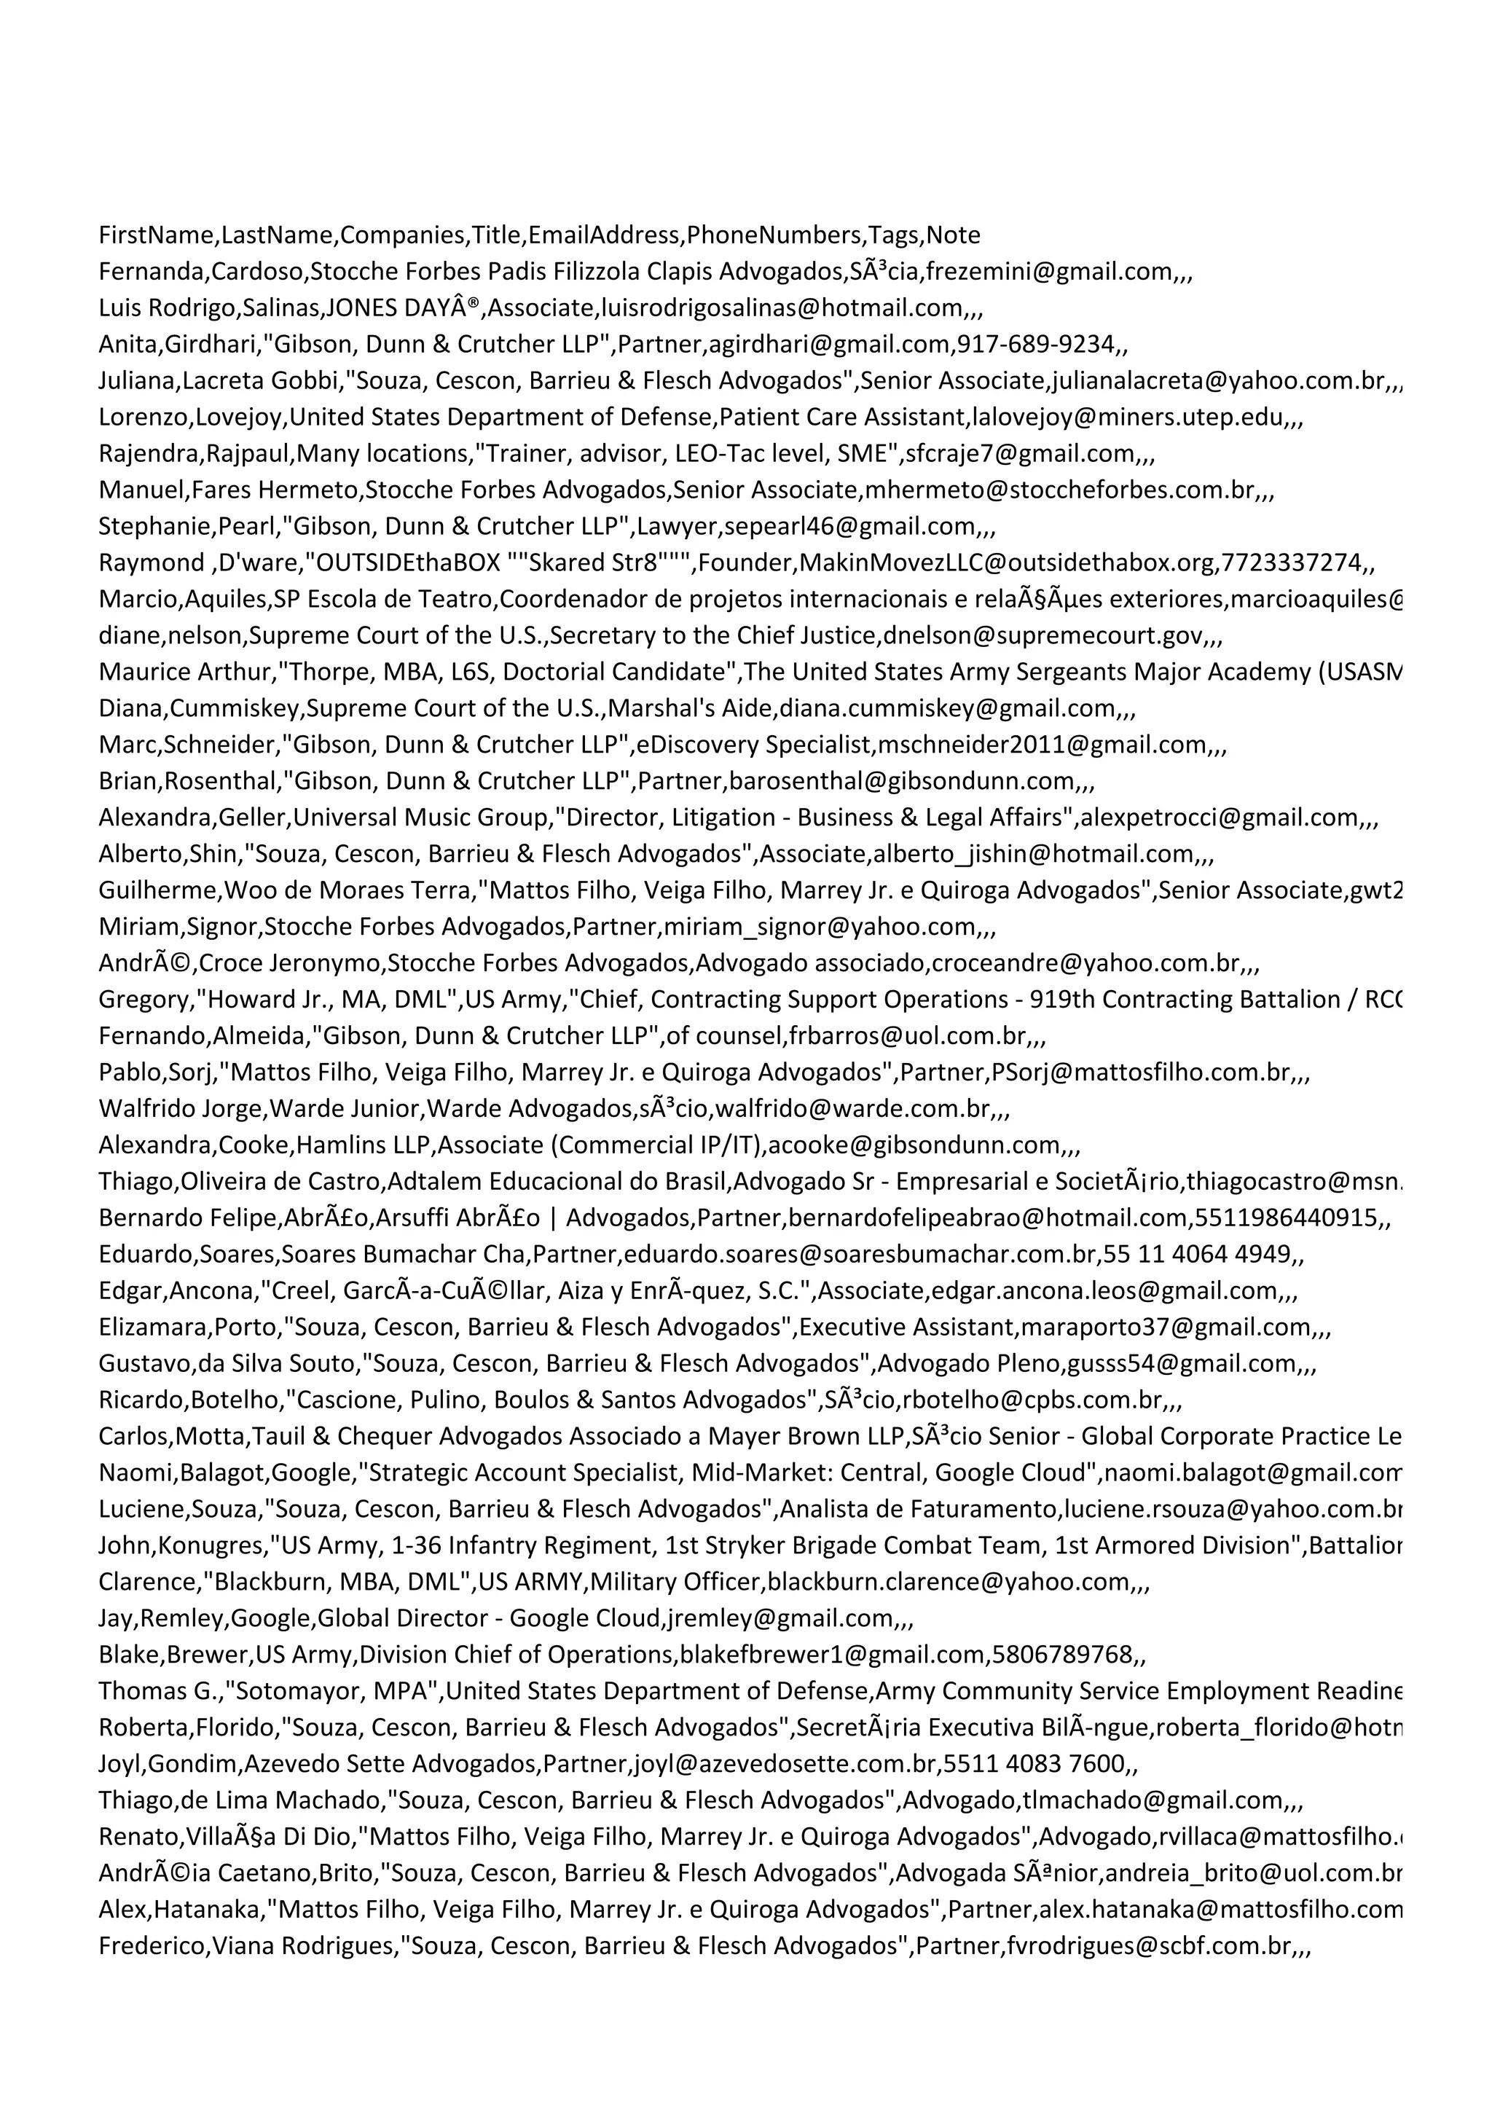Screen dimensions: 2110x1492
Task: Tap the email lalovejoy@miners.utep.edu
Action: pyautogui.click(x=1126, y=417)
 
